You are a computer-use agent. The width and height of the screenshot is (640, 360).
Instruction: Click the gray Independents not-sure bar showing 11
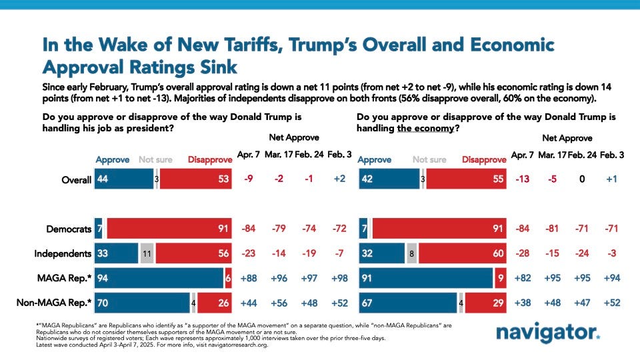[147, 254]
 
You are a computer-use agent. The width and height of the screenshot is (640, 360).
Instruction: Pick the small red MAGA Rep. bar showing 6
[228, 278]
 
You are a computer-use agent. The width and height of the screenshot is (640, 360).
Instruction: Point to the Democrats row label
[69, 229]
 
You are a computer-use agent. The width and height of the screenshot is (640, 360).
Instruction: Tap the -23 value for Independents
[245, 254]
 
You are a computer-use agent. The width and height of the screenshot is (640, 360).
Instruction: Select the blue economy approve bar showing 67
[407, 302]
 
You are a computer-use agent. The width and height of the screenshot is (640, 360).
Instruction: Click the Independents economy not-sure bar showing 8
[411, 254]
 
